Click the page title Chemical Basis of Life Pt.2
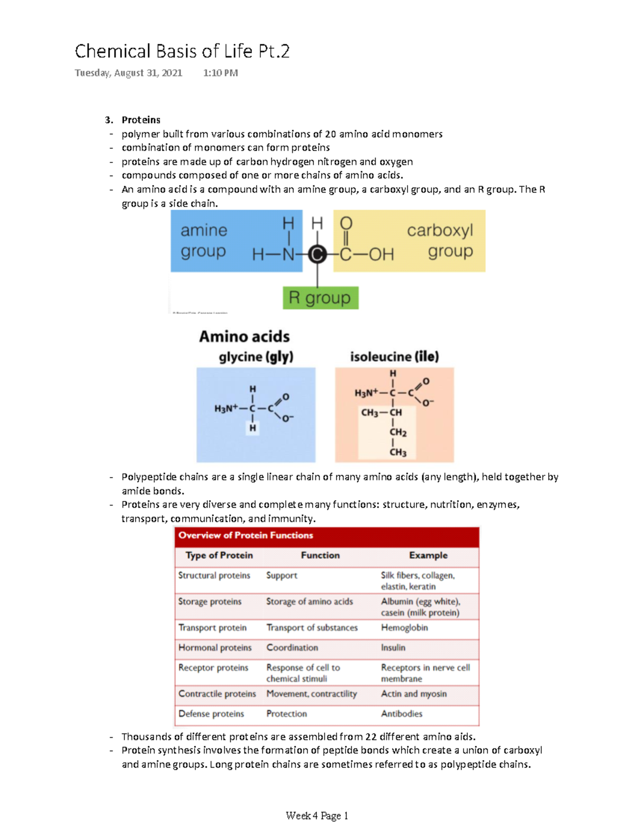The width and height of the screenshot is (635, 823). point(182,51)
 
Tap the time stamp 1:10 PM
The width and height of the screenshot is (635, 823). point(220,73)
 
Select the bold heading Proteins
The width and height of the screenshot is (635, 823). point(141,120)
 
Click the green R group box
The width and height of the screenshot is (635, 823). point(320,298)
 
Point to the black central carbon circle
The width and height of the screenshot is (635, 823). point(317,255)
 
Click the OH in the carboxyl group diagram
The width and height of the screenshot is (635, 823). point(381,255)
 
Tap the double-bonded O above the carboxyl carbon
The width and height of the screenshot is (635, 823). point(346,224)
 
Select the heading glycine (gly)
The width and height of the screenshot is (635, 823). point(256,357)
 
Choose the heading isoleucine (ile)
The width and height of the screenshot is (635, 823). point(394,357)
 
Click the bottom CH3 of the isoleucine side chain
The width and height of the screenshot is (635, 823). point(398,452)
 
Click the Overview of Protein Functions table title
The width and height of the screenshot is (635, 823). point(246,535)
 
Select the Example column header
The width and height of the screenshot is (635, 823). point(428,555)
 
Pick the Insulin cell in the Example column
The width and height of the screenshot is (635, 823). point(393,648)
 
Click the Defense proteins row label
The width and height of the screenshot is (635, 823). point(211,714)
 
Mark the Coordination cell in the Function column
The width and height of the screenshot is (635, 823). point(292,648)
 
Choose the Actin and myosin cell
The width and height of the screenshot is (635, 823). point(414,694)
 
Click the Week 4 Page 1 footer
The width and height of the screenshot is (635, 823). point(317,816)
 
